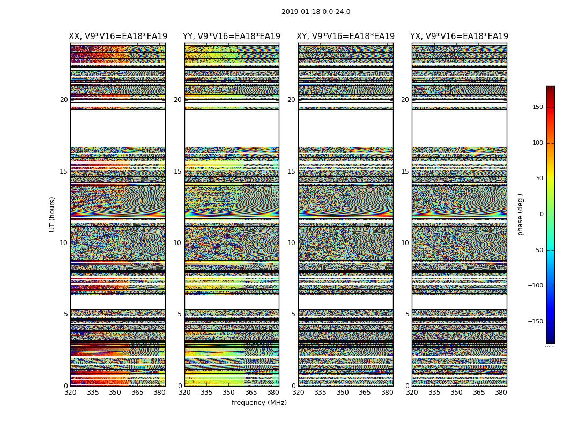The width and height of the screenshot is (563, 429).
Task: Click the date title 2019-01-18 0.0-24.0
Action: [x=316, y=12]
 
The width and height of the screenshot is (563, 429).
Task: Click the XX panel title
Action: [x=118, y=36]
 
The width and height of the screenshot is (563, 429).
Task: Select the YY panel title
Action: [x=232, y=36]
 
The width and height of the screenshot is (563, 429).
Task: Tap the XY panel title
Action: [x=346, y=36]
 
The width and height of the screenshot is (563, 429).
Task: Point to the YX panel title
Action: [x=459, y=36]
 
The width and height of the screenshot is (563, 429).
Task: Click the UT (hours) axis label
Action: [x=53, y=214]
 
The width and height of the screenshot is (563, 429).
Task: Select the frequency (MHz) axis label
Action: [x=259, y=403]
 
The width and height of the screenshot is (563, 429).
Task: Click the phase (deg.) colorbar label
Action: [x=521, y=214]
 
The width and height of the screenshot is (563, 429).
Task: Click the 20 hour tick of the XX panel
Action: [x=64, y=100]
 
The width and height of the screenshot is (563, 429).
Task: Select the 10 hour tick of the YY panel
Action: [x=177, y=243]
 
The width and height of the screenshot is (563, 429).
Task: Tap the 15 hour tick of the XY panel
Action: [x=291, y=172]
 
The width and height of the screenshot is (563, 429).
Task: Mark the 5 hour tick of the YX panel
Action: [x=407, y=314]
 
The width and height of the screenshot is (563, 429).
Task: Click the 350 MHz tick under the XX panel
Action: [x=115, y=392]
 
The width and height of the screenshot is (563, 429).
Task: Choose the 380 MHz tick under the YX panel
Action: [x=501, y=392]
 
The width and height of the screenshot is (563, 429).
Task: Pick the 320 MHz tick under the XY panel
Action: [x=299, y=392]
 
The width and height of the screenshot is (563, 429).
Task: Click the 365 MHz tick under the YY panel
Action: [x=251, y=392]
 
